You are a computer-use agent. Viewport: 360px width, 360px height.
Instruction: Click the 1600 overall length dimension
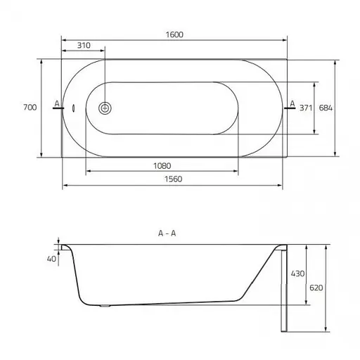click(x=174, y=34)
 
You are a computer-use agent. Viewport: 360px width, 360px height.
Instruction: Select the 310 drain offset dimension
click(x=84, y=45)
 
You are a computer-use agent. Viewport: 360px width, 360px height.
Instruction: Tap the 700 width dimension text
click(x=30, y=108)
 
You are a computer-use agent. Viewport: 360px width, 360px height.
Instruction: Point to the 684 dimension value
click(x=326, y=108)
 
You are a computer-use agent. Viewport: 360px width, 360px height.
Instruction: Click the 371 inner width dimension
click(x=306, y=108)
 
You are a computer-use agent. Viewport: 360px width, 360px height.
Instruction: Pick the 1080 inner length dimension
click(x=162, y=166)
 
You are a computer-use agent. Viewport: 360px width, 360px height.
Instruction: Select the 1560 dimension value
click(x=173, y=179)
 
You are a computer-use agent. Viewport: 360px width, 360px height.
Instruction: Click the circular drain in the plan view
click(x=105, y=108)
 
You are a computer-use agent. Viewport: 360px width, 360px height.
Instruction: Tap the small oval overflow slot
click(x=74, y=108)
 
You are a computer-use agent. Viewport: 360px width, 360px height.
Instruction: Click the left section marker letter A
click(x=57, y=103)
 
